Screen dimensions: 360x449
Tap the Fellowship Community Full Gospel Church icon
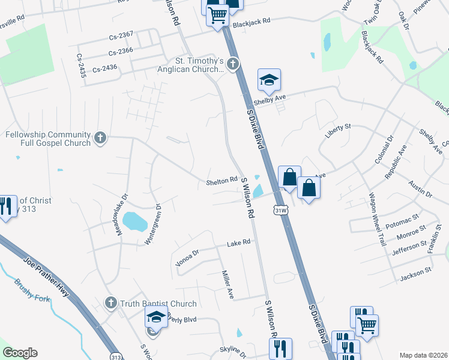pos(100,139)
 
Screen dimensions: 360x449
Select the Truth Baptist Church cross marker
pos(110,303)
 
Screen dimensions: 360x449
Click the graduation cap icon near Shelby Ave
pos(269,80)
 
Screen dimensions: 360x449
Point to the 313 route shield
pos(116,356)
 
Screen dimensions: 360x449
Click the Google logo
pos(20,353)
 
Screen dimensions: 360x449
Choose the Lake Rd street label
pos(238,244)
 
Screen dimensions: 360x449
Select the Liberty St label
pos(337,131)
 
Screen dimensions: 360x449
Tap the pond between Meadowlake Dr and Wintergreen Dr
pos(135,221)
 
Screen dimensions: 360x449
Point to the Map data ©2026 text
pos(423,355)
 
